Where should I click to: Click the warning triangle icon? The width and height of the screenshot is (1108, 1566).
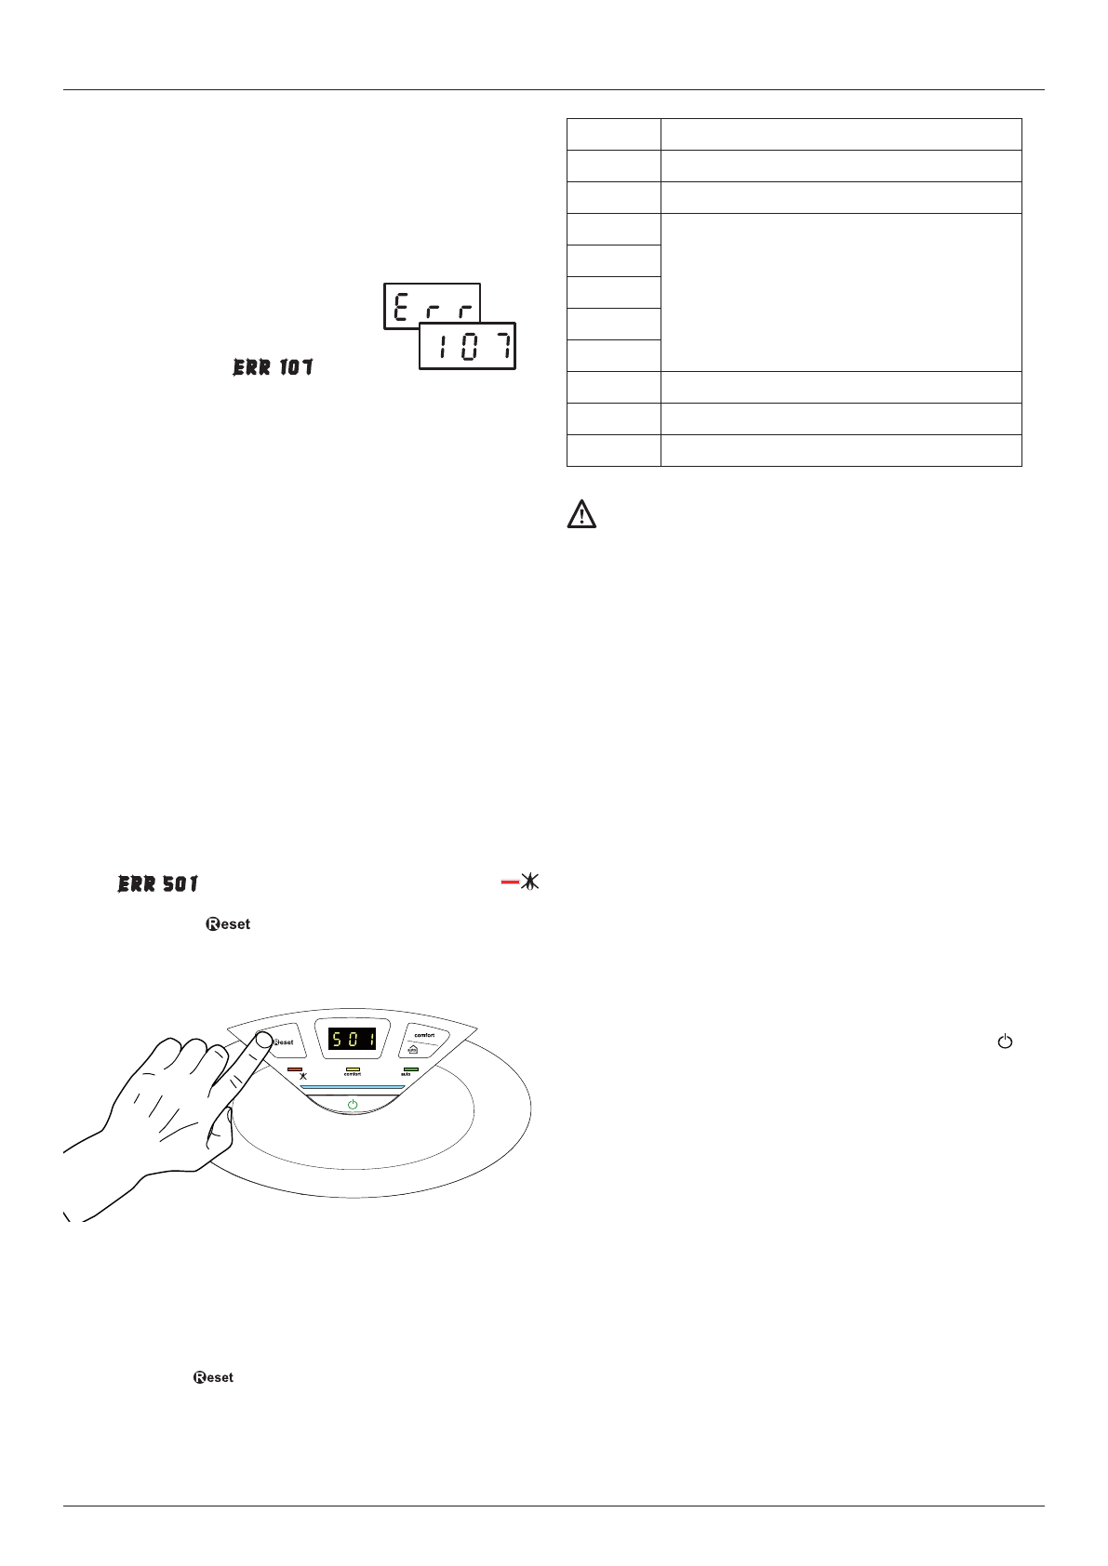pyautogui.click(x=581, y=515)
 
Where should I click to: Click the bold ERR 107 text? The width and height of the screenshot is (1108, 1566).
pyautogui.click(x=273, y=368)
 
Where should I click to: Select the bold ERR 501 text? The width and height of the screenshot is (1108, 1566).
pyautogui.click(x=158, y=883)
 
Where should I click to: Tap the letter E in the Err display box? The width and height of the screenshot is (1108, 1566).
pyautogui.click(x=402, y=307)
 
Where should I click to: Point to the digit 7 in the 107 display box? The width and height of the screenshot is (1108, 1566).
pyautogui.click(x=501, y=348)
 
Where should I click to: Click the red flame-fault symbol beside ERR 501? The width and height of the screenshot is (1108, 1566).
pyautogui.click(x=521, y=882)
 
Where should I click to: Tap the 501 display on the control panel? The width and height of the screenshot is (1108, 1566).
pyautogui.click(x=353, y=1039)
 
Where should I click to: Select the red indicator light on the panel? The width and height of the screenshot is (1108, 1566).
pyautogui.click(x=295, y=1069)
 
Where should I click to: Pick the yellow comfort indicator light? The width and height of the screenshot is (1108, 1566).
pyautogui.click(x=353, y=1069)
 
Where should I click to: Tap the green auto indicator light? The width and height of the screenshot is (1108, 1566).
pyautogui.click(x=410, y=1069)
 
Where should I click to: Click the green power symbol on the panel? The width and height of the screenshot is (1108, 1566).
pyautogui.click(x=352, y=1104)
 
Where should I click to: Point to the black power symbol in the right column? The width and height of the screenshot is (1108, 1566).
pyautogui.click(x=1004, y=1042)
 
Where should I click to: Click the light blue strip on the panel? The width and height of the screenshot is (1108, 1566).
pyautogui.click(x=352, y=1086)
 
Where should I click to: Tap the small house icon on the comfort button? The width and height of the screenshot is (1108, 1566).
pyautogui.click(x=413, y=1049)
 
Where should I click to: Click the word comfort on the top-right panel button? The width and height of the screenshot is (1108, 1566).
pyautogui.click(x=424, y=1034)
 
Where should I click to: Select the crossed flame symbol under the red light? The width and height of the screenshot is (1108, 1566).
pyautogui.click(x=302, y=1076)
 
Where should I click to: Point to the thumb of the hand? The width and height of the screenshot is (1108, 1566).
pyautogui.click(x=221, y=1130)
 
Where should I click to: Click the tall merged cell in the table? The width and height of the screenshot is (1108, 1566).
pyautogui.click(x=840, y=292)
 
